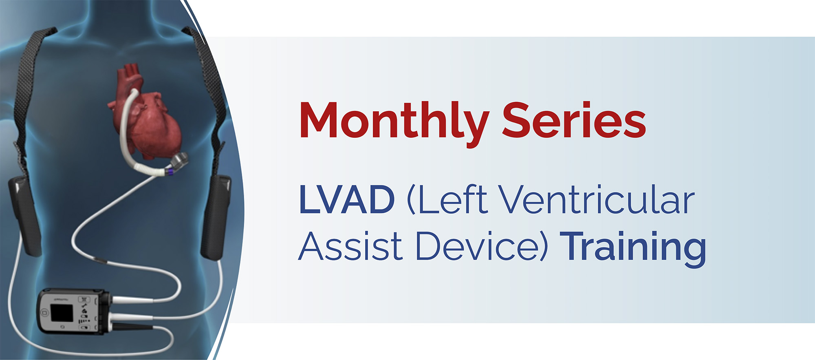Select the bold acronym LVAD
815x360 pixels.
point(347,199)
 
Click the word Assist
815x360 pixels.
point(351,246)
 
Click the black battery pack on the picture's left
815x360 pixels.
point(25,216)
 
